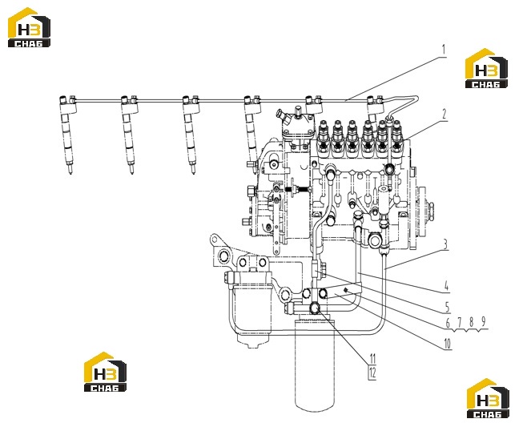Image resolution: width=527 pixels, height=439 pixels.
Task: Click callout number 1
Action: point(444,50)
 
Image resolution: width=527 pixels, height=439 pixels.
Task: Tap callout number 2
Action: point(445,115)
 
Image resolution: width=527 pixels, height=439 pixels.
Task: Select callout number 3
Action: point(445,244)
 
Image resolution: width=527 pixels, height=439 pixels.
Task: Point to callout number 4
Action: point(446,286)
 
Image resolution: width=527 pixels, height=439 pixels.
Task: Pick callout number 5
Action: point(447,307)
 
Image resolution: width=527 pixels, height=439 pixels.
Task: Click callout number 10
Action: point(448,323)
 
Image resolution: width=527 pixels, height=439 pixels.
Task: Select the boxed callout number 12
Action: point(372,373)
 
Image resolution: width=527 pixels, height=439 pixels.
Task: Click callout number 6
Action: point(448,323)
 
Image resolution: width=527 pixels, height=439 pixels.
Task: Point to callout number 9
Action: point(483,322)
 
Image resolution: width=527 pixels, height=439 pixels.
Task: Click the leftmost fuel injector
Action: point(67,135)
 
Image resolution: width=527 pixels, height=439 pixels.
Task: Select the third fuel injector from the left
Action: point(191,135)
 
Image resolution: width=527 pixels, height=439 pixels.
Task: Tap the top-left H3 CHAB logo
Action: point(30,27)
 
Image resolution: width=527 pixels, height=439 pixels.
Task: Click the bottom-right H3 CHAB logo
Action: point(488,398)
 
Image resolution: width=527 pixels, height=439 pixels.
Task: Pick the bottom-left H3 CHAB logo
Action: point(105,372)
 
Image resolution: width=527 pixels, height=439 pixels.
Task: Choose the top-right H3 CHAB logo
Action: point(486,68)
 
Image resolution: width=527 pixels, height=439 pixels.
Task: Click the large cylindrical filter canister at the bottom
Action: point(315,364)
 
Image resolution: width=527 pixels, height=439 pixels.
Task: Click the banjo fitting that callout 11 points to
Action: point(316,308)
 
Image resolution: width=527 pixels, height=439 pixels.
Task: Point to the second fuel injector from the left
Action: point(129,135)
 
